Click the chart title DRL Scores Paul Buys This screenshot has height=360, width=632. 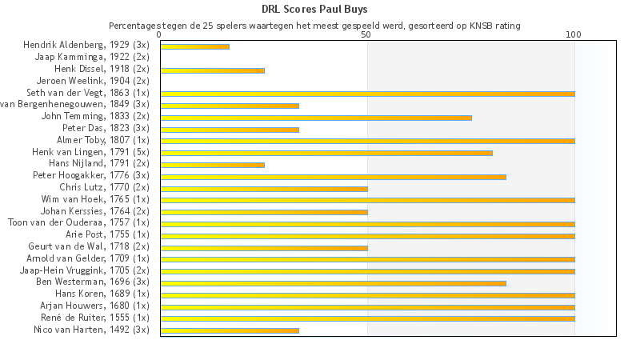click(315, 10)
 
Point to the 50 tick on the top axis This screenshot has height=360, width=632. click(366, 35)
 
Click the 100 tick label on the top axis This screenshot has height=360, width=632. click(574, 35)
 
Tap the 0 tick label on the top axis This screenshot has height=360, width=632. click(160, 35)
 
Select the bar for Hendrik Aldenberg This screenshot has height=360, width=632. click(194, 46)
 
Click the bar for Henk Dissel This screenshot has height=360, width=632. click(212, 70)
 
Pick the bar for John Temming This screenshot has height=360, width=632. click(315, 118)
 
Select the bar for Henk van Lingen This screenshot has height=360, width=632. click(326, 153)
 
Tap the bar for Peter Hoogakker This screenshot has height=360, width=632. click(333, 176)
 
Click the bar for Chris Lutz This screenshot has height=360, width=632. click(263, 188)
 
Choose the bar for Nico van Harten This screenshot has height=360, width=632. click(229, 330)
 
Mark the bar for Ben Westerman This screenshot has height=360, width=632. click(333, 283)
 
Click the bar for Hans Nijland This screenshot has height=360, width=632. click(212, 165)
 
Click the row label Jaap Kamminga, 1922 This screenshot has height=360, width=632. click(92, 58)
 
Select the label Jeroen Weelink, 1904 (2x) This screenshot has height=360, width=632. click(93, 81)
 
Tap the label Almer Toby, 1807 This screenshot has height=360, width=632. click(102, 140)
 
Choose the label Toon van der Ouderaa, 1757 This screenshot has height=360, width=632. click(78, 222)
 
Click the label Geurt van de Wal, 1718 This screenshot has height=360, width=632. click(90, 246)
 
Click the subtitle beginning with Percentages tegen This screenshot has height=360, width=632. click(314, 26)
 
